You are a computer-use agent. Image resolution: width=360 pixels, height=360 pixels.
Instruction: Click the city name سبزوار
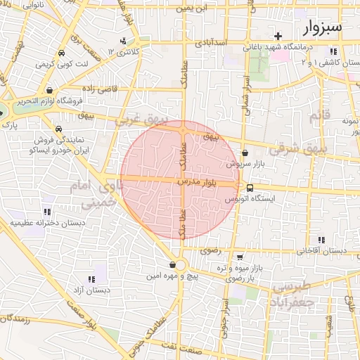coord(323,27)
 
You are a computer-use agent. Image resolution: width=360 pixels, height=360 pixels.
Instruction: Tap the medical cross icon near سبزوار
coord(279,36)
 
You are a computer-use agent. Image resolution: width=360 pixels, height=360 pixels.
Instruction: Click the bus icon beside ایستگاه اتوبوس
coord(250,187)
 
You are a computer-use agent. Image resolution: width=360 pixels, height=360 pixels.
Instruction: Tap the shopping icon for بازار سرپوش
coord(245,153)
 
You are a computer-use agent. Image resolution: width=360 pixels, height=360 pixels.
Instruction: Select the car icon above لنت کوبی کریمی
coord(62,53)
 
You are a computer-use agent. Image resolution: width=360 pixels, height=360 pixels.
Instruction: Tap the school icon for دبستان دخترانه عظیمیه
coord(47,211)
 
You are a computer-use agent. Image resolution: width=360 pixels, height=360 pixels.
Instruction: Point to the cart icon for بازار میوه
coord(240,257)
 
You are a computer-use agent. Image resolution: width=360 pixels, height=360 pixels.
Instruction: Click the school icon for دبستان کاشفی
coord(332,51)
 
